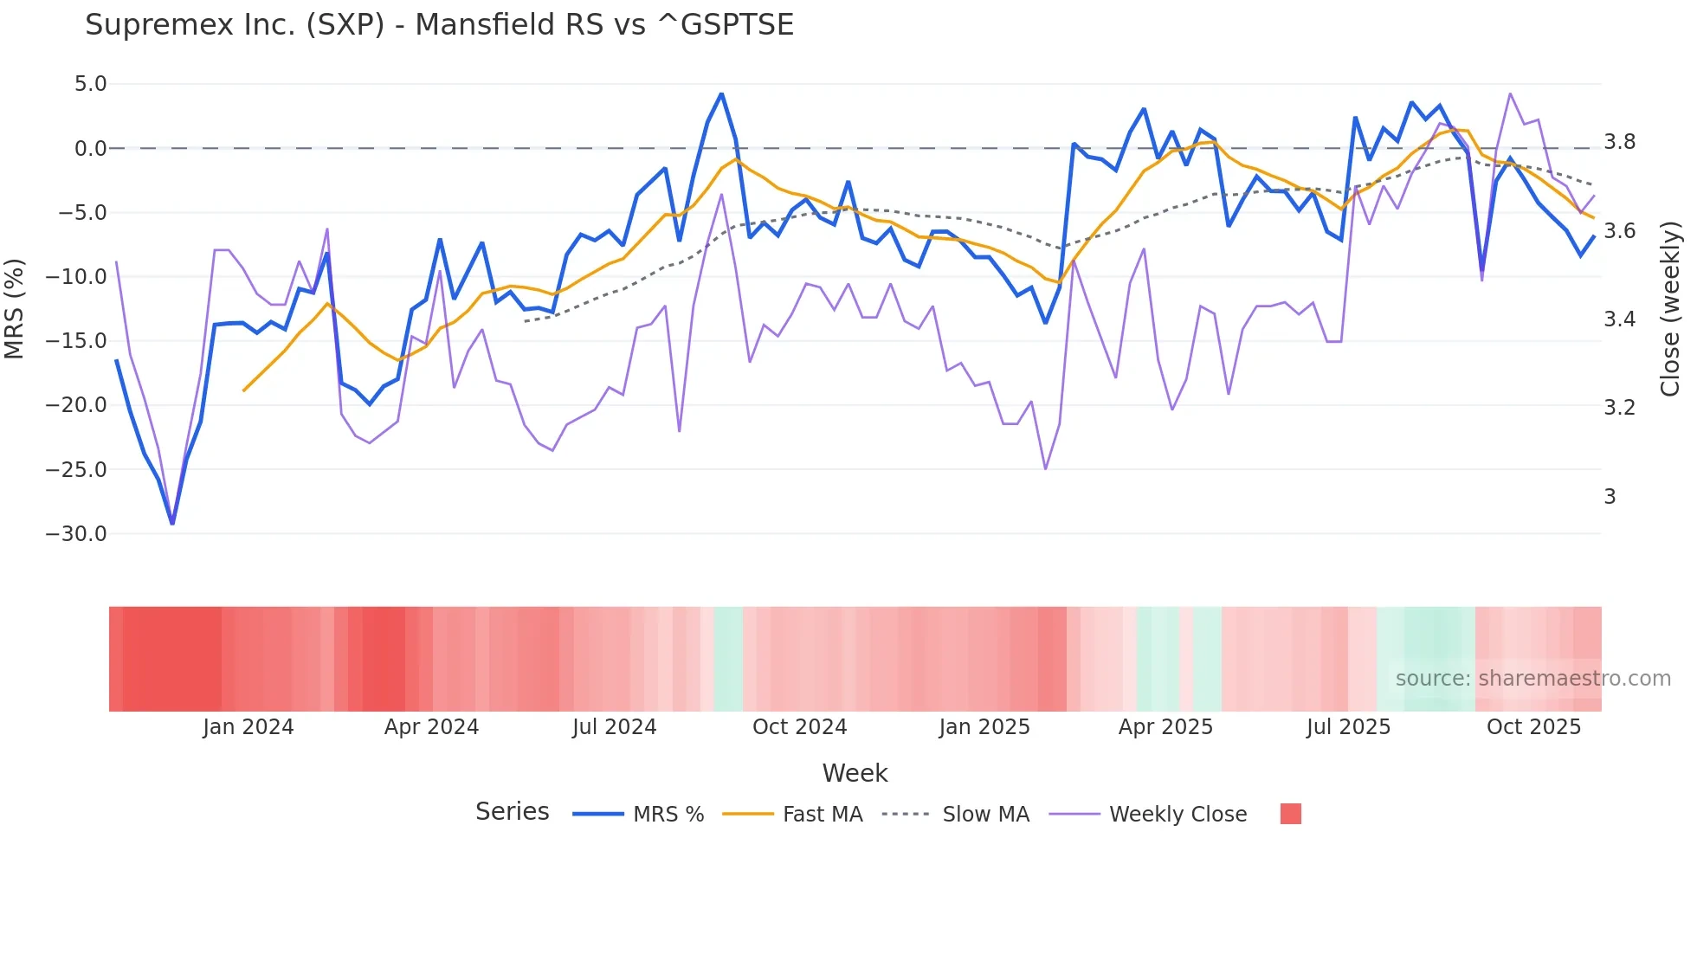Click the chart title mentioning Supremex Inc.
pos(439,25)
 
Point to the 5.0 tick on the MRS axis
pos(90,84)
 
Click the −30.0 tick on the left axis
pos(76,534)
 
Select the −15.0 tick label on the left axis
pos(76,341)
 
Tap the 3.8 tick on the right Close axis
pos(1619,142)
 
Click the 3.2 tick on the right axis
pos(1619,408)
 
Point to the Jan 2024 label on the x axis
pos(248,727)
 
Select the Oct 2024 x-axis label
pos(799,727)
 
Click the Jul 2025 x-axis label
pos(1348,727)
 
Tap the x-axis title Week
pos(855,773)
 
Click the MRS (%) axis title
pos(15,308)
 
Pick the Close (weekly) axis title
pos(1670,308)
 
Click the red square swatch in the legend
pos(1290,814)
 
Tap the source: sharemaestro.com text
pos(1532,679)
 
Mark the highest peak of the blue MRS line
pos(721,94)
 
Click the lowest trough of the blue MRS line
pos(172,523)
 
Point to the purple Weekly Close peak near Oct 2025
pos(1510,93)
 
